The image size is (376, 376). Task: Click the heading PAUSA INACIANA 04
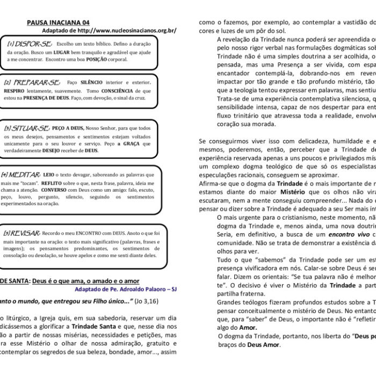tap(58, 23)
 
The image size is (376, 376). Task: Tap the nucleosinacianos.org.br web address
tap(134, 31)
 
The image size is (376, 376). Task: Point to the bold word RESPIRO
tap(13, 91)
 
